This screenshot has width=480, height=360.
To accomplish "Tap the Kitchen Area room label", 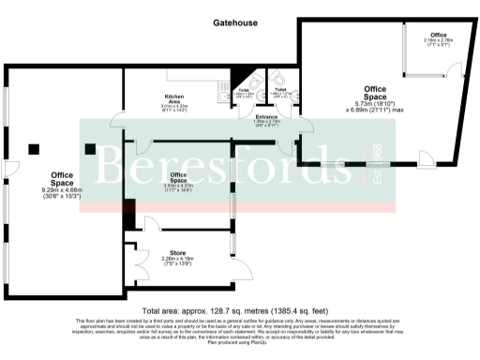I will [174, 97].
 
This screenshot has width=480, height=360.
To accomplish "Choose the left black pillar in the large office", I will [35, 147].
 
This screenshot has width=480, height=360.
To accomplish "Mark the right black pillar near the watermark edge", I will [91, 147].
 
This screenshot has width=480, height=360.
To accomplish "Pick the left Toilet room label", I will [243, 90].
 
